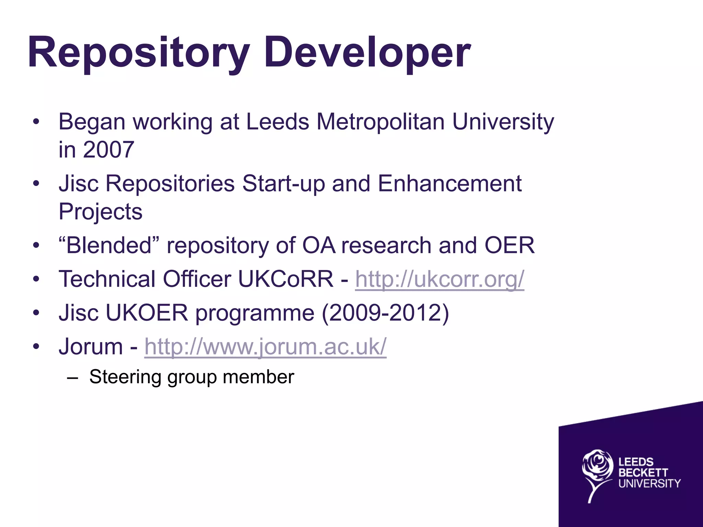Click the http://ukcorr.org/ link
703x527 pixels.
point(439,279)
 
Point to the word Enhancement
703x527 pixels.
point(449,184)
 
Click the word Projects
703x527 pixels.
point(100,212)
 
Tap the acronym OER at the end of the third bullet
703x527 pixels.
point(509,245)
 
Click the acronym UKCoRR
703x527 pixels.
point(285,279)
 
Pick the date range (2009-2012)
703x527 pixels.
point(385,313)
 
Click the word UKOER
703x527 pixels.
point(147,313)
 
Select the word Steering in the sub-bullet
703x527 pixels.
point(125,377)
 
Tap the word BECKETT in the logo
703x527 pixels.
point(643,473)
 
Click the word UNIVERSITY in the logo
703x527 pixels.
point(649,484)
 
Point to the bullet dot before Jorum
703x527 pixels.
point(36,346)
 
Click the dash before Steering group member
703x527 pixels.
point(73,378)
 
